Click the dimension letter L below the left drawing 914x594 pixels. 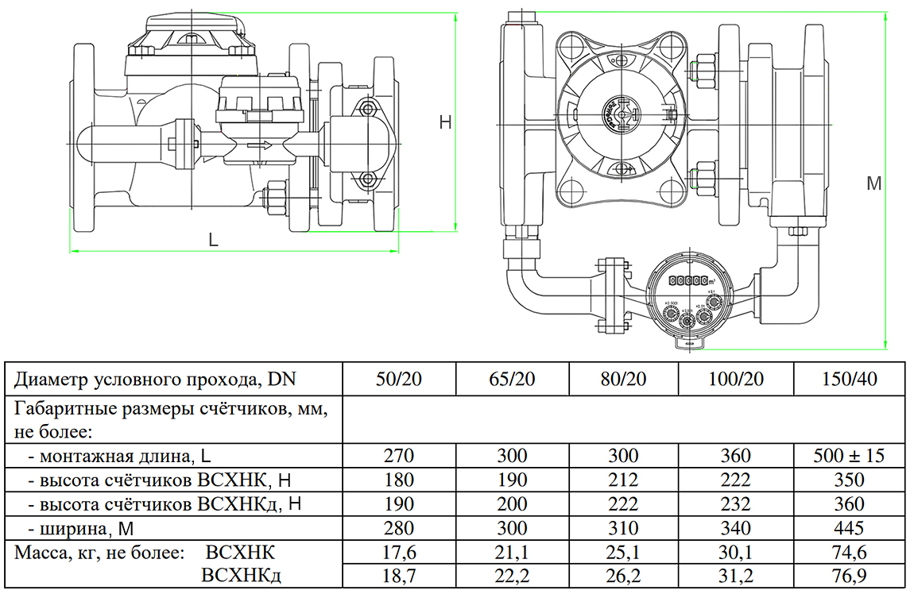click(x=213, y=238)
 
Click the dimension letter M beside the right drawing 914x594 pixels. click(x=873, y=183)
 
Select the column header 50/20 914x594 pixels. click(x=398, y=379)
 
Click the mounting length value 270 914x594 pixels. click(x=398, y=456)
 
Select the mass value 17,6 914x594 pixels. click(x=398, y=552)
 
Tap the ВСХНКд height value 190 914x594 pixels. click(x=398, y=503)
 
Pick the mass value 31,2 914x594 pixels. click(x=736, y=575)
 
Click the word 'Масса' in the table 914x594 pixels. click(x=38, y=552)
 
